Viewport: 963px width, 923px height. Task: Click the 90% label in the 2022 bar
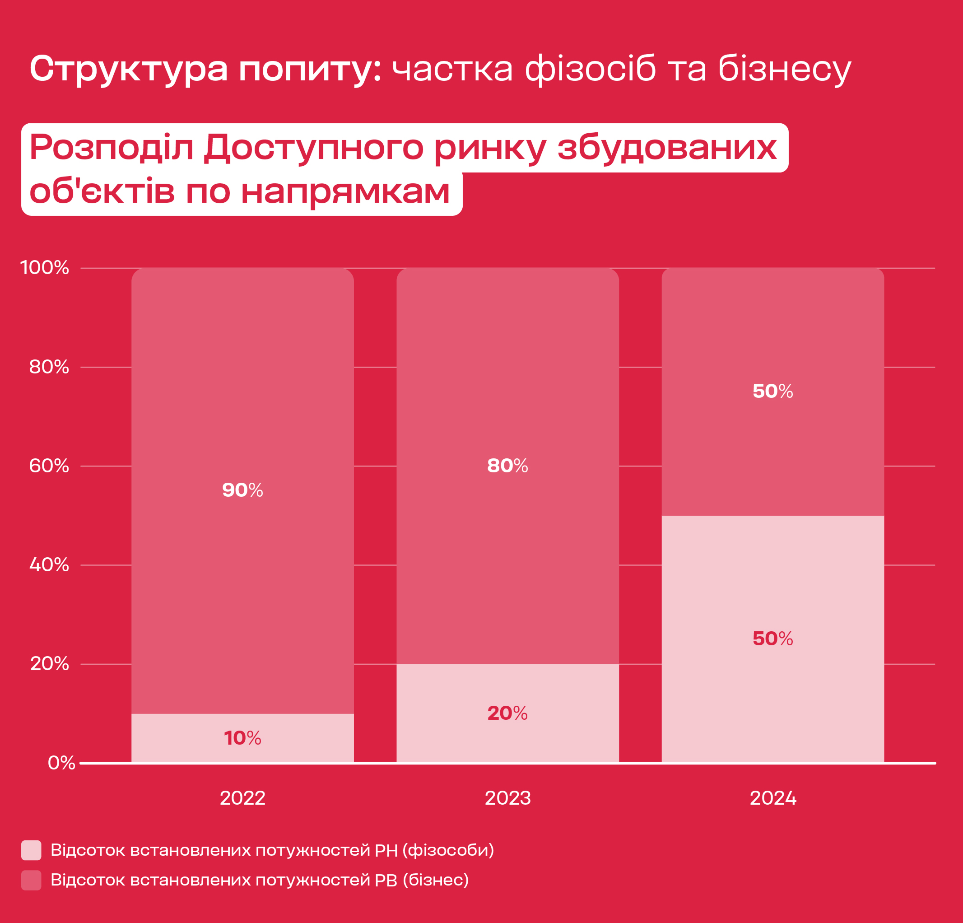click(x=242, y=490)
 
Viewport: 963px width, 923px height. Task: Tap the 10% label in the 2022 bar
click(x=242, y=738)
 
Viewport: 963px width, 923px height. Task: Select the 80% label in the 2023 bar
click(x=507, y=466)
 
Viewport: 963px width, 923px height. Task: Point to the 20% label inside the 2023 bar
click(x=507, y=713)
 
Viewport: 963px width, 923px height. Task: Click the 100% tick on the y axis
click(x=44, y=268)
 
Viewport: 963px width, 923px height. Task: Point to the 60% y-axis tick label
click(x=49, y=466)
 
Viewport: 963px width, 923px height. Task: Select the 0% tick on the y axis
click(x=61, y=763)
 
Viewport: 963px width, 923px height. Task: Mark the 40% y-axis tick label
click(x=49, y=565)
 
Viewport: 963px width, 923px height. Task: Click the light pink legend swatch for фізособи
click(x=31, y=850)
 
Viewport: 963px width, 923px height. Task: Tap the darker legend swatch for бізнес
click(x=31, y=880)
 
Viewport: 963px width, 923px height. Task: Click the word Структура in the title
click(x=129, y=69)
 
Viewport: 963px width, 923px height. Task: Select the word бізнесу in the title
click(x=785, y=69)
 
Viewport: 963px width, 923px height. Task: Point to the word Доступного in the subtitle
click(x=313, y=148)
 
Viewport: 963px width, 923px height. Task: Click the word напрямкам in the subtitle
click(x=345, y=191)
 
